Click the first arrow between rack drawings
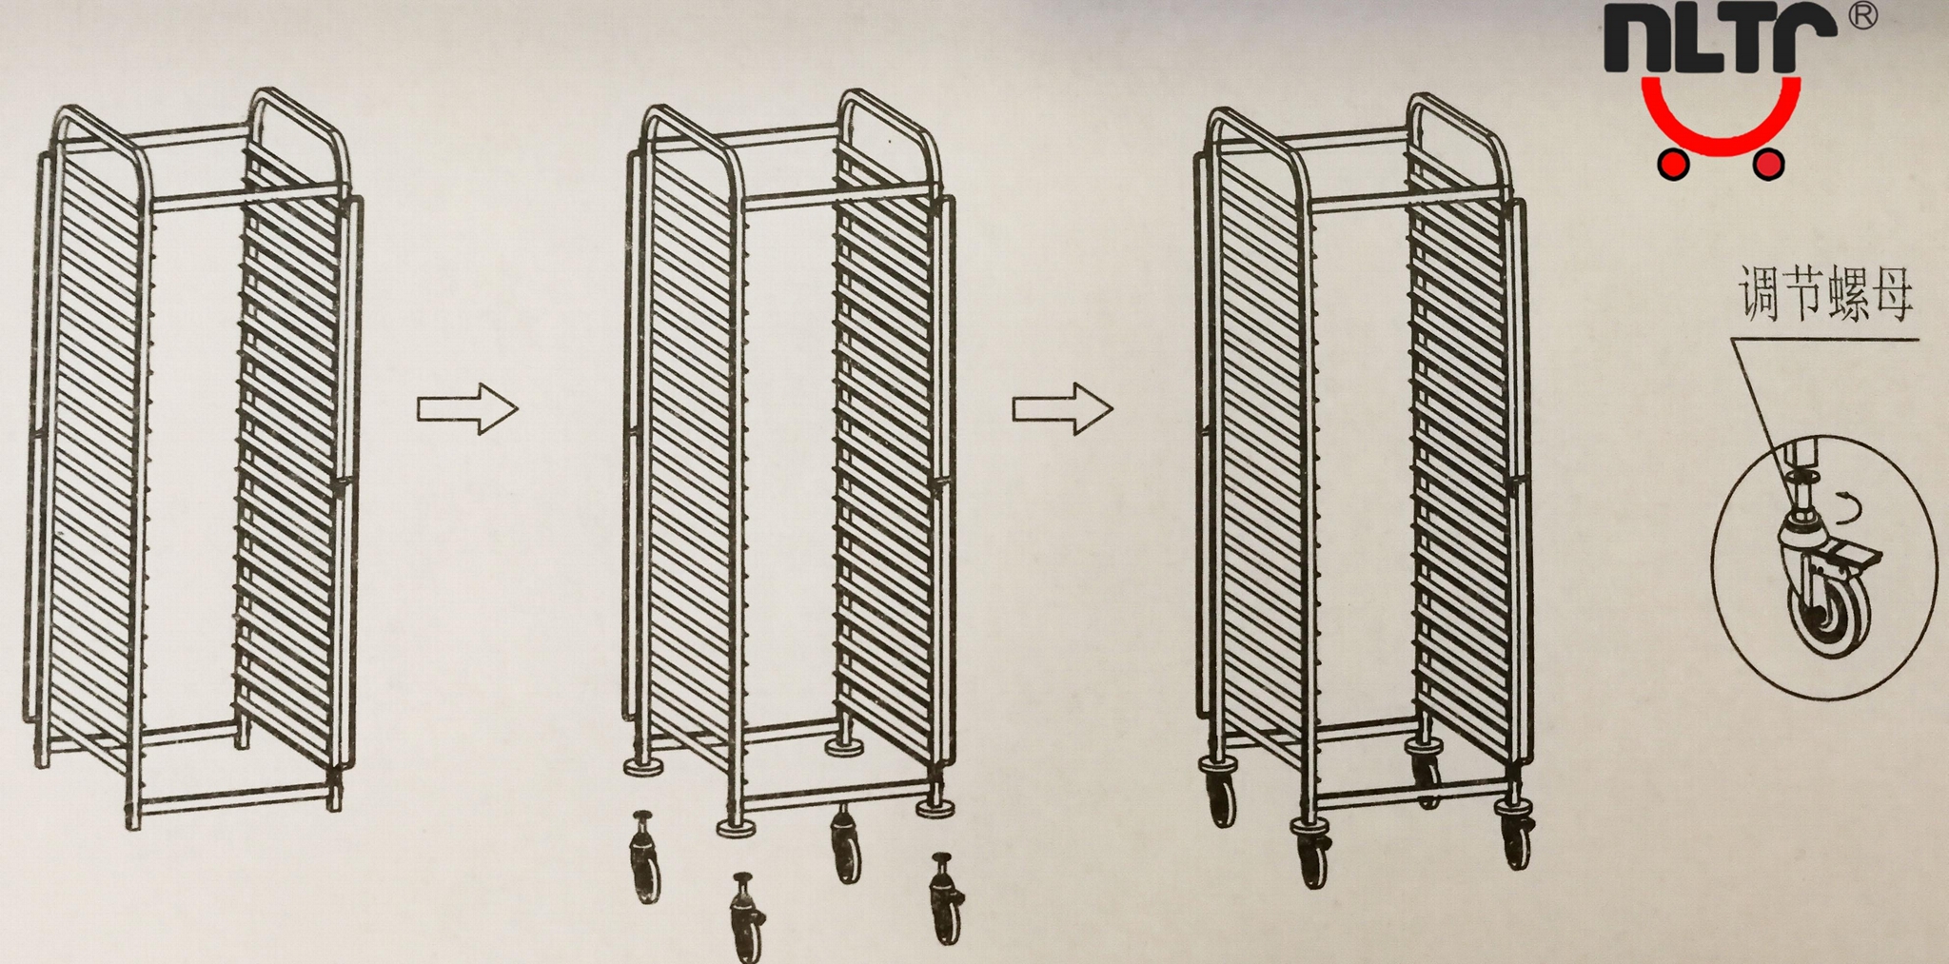(x=466, y=409)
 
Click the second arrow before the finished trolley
(x=1061, y=409)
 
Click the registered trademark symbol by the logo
(x=1863, y=16)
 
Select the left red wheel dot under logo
(x=1672, y=165)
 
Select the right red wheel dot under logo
(x=1767, y=165)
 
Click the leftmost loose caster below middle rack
(x=644, y=856)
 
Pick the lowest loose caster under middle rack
(x=747, y=918)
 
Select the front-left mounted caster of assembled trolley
(x=1310, y=852)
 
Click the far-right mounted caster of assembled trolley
(x=1515, y=835)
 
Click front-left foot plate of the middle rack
(x=736, y=827)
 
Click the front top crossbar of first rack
(x=246, y=198)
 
